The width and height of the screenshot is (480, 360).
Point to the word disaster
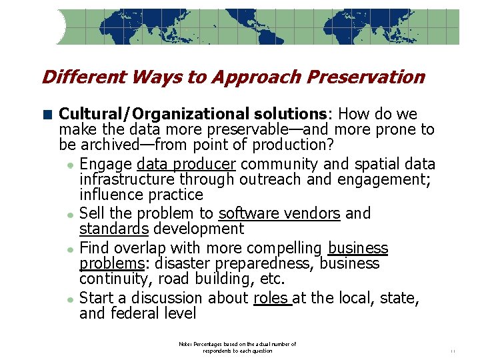[x=197, y=264]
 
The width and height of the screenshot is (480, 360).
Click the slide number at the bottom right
[x=453, y=351]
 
